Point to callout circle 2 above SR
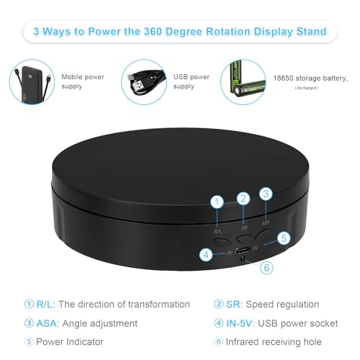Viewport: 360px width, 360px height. (x=243, y=198)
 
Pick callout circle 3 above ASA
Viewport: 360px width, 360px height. (x=266, y=194)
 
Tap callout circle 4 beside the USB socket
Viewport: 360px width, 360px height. (x=207, y=253)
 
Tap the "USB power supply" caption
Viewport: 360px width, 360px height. (x=190, y=81)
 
